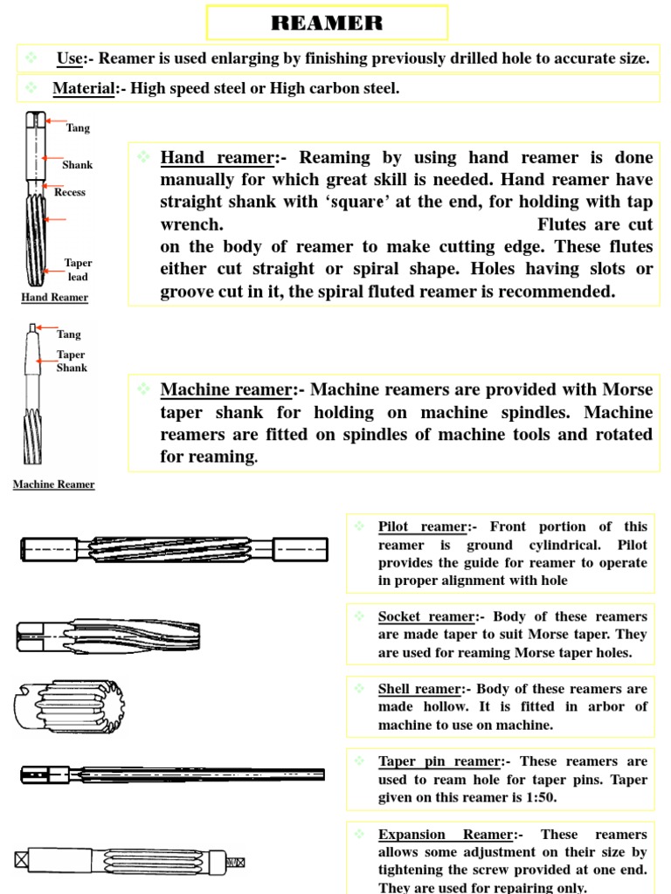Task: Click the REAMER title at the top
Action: coord(327,24)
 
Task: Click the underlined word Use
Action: coord(71,58)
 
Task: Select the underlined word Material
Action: coord(84,88)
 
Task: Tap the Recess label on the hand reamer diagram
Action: coord(70,192)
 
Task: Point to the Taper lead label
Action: coord(78,270)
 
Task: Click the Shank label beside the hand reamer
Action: coord(77,164)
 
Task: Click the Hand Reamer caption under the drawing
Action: coord(54,298)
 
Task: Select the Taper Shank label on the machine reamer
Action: coord(72,361)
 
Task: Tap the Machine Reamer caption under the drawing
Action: coord(53,485)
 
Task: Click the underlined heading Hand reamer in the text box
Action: coord(217,158)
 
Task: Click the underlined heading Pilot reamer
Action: coord(423,526)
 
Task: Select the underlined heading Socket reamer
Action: coord(425,616)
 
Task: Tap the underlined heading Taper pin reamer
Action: coord(439,761)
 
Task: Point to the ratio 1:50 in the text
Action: coord(541,797)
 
